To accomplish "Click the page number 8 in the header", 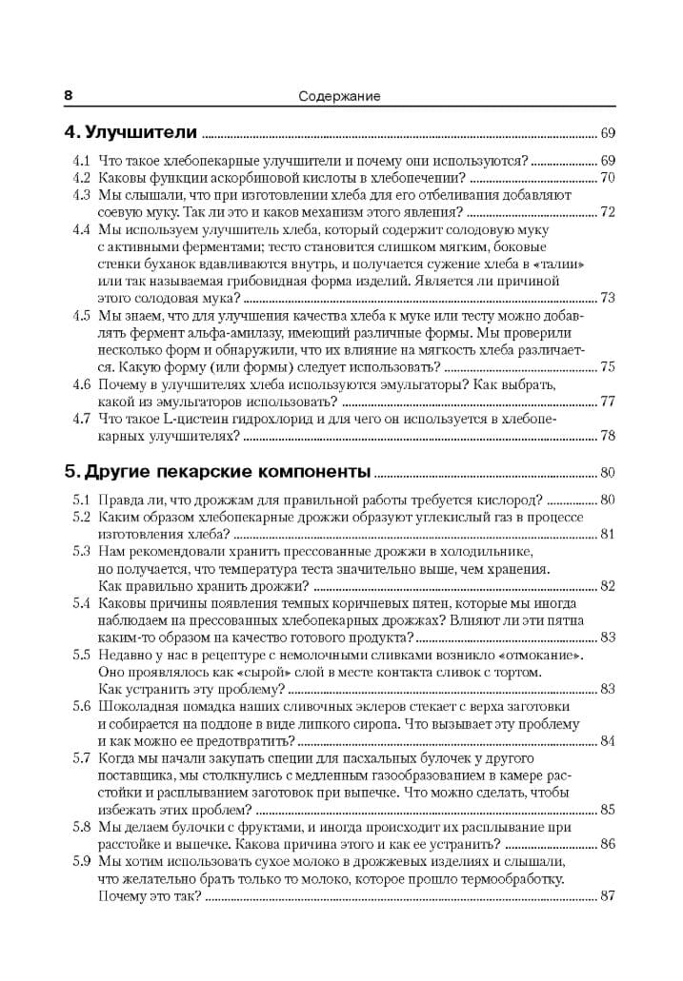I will [68, 95].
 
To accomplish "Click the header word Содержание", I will [339, 96].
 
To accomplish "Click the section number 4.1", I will [82, 161].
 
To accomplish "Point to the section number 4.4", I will [82, 229].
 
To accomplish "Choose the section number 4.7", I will [82, 418].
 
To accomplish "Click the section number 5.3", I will [81, 551].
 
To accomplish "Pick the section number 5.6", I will [81, 706].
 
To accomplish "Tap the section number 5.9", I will [81, 860].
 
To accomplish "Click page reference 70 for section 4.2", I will [608, 178].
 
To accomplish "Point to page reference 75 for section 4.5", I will [608, 366].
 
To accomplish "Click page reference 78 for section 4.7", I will [608, 435].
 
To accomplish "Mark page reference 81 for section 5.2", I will [608, 534].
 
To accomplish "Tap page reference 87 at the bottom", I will [608, 895].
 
